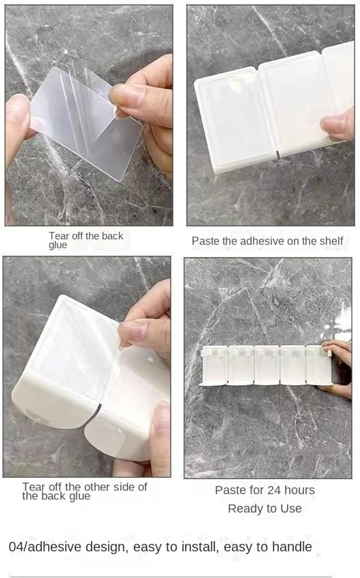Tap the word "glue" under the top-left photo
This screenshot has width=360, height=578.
pyautogui.click(x=58, y=245)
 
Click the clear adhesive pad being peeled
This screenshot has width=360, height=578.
pyautogui.click(x=86, y=124)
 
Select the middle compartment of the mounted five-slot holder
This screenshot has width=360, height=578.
pyautogui.click(x=267, y=365)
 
